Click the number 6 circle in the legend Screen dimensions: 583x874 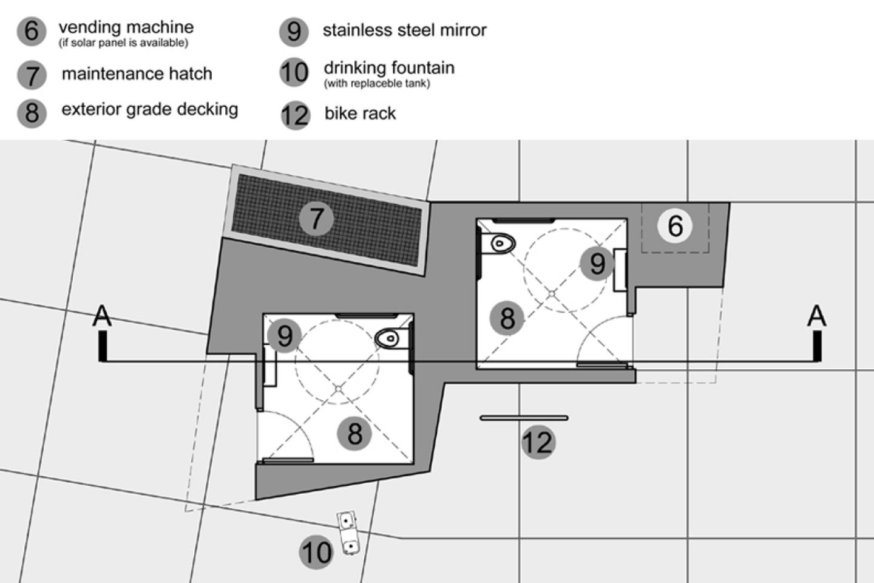click(32, 31)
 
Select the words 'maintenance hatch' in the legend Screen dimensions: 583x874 click(137, 74)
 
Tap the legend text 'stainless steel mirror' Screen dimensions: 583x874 click(404, 30)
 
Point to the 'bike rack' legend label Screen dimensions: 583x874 click(360, 114)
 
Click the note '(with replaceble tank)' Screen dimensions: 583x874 click(377, 83)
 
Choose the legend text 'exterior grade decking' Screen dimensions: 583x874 click(149, 109)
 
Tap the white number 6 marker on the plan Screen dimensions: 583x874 click(675, 226)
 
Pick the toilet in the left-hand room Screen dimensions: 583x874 click(388, 338)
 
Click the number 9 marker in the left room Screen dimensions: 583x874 click(284, 336)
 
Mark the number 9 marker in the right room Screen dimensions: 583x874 click(597, 264)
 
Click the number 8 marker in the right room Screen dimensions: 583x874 click(507, 318)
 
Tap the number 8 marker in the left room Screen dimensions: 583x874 click(354, 434)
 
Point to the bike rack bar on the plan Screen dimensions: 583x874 click(524, 418)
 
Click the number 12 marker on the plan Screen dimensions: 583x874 click(538, 442)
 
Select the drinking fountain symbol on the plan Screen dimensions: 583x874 click(348, 533)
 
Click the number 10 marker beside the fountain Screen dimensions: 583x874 click(316, 553)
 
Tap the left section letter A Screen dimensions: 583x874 click(103, 316)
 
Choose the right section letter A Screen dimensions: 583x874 click(817, 316)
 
